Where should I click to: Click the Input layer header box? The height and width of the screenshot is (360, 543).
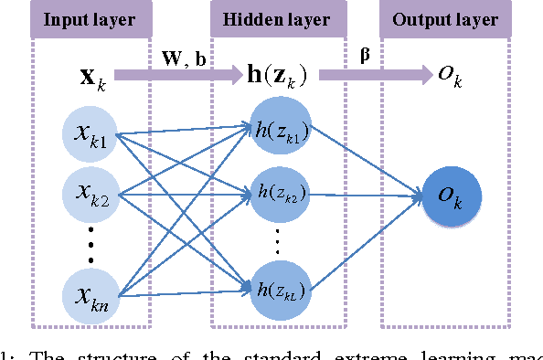pos(90,19)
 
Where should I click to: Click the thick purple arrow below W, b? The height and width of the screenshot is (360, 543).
pos(183,72)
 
